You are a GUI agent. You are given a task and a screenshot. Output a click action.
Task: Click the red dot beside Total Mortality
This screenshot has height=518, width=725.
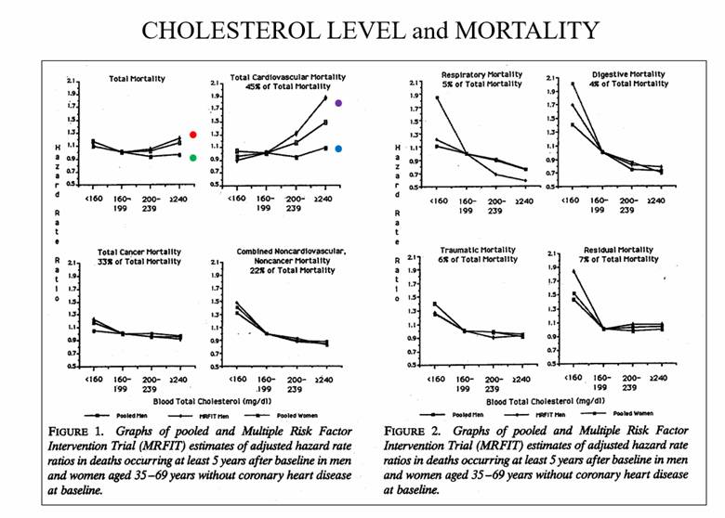coord(192,135)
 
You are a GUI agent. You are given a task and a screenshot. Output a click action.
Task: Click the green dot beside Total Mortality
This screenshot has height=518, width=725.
coord(192,158)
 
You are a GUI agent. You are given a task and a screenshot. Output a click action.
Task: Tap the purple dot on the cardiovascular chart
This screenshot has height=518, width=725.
coord(339,103)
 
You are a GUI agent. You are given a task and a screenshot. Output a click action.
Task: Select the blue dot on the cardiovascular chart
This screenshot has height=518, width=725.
coord(339,149)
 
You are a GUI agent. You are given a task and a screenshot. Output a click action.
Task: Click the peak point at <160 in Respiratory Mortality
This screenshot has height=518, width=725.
coord(435,97)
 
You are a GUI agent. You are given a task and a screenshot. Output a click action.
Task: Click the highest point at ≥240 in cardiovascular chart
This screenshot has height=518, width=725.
coord(325,97)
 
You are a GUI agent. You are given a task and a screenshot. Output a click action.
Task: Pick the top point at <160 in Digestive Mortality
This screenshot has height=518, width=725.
coord(573,84)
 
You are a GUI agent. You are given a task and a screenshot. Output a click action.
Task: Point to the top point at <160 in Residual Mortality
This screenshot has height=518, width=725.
coord(573,272)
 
